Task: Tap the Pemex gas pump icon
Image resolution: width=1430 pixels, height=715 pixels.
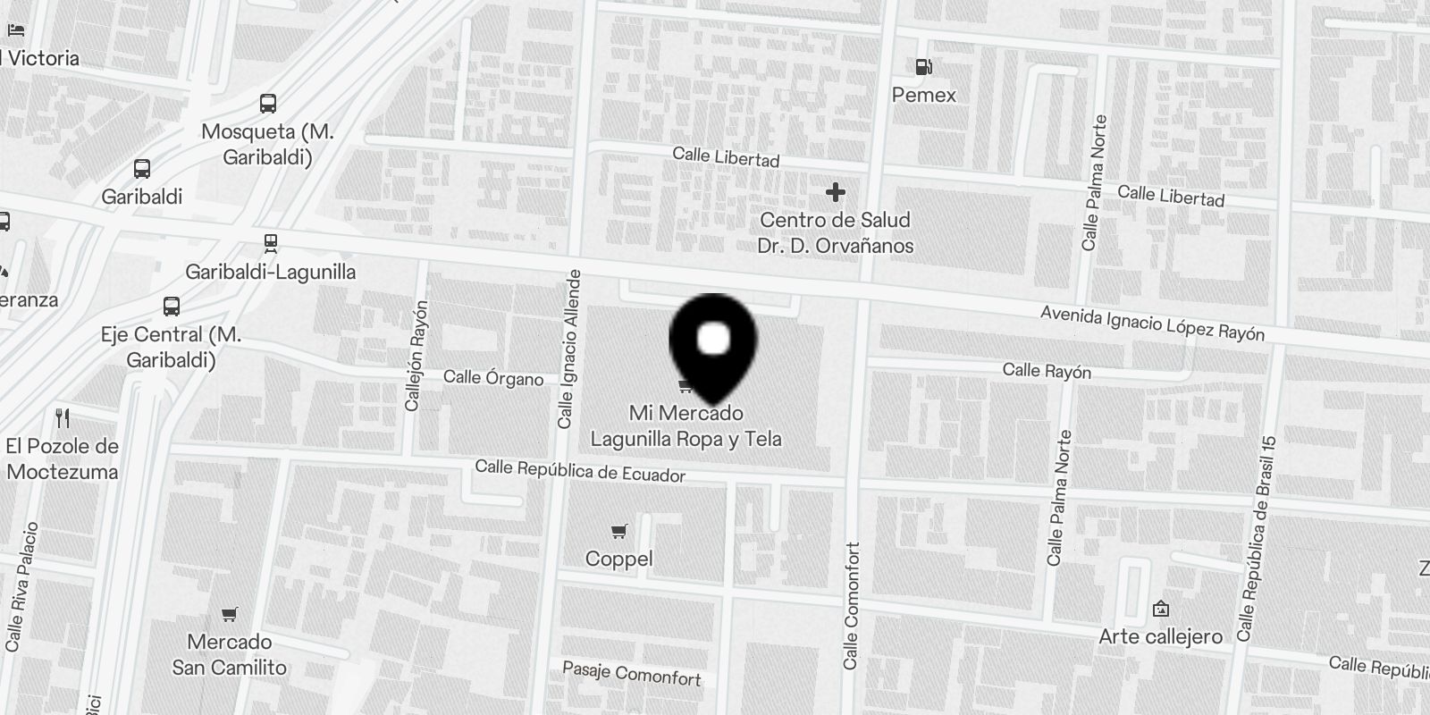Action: [x=923, y=66]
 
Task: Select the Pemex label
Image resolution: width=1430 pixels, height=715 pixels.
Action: [x=923, y=95]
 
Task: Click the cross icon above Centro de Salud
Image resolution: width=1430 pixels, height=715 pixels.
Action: [x=835, y=192]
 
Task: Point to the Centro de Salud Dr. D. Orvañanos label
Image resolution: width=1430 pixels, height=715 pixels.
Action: [x=835, y=232]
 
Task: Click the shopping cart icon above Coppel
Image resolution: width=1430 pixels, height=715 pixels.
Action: [x=618, y=532]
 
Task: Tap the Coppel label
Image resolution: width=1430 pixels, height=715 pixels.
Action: [x=618, y=559]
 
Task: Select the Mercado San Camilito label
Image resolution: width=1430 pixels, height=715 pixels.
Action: [x=230, y=654]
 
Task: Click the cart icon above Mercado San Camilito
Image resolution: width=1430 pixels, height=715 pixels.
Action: [x=230, y=614]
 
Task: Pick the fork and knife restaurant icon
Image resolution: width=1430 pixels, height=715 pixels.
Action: [x=63, y=417]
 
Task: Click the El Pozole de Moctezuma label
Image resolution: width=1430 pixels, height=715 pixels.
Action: [x=62, y=458]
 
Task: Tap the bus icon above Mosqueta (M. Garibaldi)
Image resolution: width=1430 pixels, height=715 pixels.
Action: [x=267, y=103]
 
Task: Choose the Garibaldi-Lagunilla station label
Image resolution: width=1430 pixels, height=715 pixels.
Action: [x=270, y=272]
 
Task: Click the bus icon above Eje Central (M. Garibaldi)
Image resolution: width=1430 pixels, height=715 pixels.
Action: [x=172, y=307]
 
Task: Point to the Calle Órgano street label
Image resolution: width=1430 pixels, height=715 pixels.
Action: [x=493, y=378]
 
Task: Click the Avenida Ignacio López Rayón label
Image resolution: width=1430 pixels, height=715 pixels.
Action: [x=1152, y=324]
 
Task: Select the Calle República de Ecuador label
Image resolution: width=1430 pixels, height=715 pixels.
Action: [x=580, y=471]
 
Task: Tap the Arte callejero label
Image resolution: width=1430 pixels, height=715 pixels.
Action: [x=1160, y=636]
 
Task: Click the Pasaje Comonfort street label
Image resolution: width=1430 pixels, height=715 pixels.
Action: [x=632, y=674]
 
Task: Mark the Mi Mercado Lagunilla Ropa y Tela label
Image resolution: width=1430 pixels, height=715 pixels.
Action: [x=686, y=426]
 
